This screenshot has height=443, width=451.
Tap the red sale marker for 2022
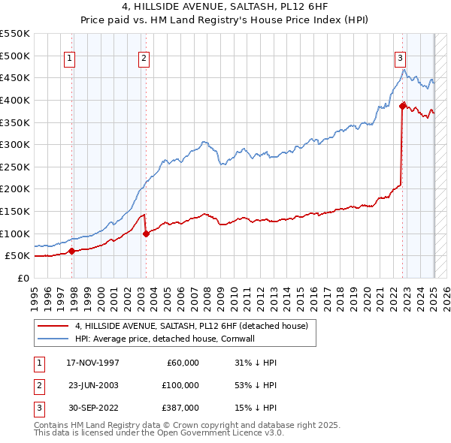coord(402,106)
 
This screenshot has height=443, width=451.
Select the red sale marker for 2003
coord(146,234)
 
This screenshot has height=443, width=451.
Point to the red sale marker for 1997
coord(72,252)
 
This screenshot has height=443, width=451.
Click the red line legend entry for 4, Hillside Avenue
coord(192,326)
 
